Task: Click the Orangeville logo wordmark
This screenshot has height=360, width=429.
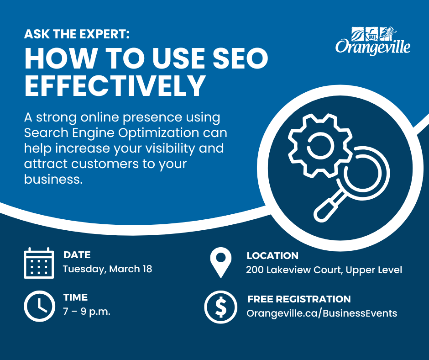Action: click(x=373, y=47)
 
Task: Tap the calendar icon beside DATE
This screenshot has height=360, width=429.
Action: click(x=39, y=263)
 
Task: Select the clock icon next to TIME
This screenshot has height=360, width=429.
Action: click(x=39, y=306)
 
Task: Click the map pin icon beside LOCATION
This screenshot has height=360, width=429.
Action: click(x=221, y=263)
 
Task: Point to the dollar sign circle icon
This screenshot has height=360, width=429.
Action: click(x=221, y=307)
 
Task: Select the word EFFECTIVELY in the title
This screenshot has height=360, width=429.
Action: click(x=115, y=85)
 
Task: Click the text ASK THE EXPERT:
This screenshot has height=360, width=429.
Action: click(x=77, y=34)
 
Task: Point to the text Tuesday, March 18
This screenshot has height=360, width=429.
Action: click(x=107, y=269)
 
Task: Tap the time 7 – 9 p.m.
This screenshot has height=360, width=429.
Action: click(x=87, y=312)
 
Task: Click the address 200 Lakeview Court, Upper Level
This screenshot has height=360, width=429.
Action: click(x=324, y=270)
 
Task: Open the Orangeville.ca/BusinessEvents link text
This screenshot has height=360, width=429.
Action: click(x=322, y=313)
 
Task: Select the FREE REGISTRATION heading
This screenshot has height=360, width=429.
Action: click(x=299, y=299)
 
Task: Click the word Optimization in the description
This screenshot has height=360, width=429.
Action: click(x=159, y=133)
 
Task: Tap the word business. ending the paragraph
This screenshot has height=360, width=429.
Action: click(x=53, y=179)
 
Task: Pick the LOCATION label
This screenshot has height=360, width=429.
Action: click(x=272, y=256)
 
